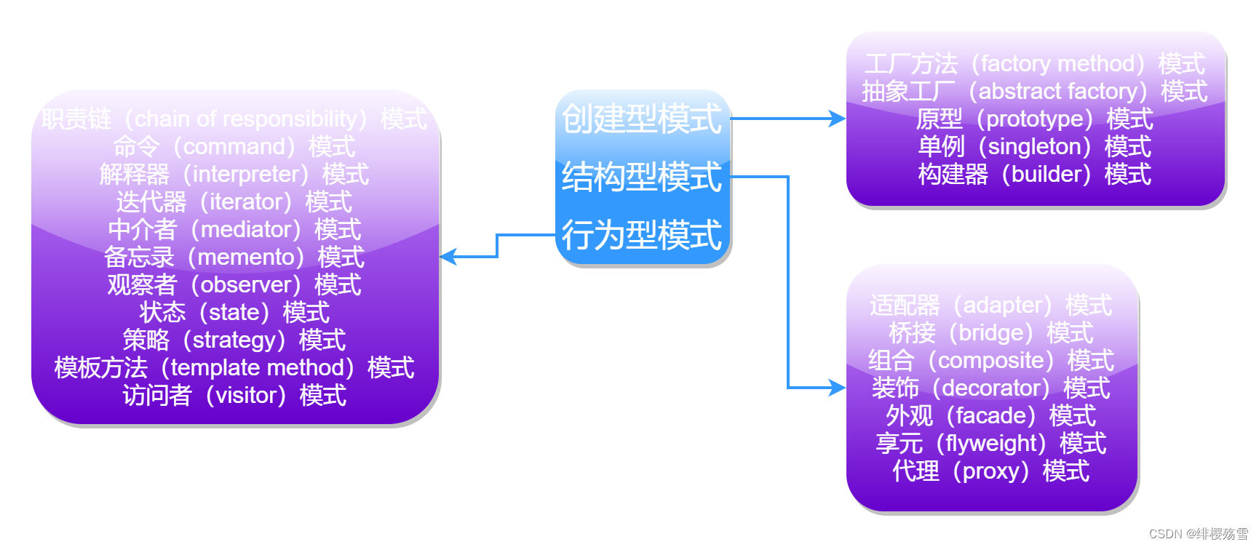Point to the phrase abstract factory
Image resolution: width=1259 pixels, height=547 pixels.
pyautogui.click(x=1057, y=92)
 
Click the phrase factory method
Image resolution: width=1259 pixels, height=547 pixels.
pyautogui.click(x=1057, y=64)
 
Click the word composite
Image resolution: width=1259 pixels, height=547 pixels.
pyautogui.click(x=991, y=361)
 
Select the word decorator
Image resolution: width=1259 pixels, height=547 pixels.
pyautogui.click(x=990, y=388)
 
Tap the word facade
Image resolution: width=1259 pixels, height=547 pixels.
pyautogui.click(x=990, y=416)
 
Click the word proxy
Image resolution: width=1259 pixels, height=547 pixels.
pyautogui.click(x=990, y=471)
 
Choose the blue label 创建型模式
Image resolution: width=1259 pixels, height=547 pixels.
pyautogui.click(x=642, y=119)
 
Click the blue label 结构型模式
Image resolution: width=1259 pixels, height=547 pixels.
pyautogui.click(x=642, y=177)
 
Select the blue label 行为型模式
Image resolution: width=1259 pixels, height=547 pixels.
pyautogui.click(x=642, y=236)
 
